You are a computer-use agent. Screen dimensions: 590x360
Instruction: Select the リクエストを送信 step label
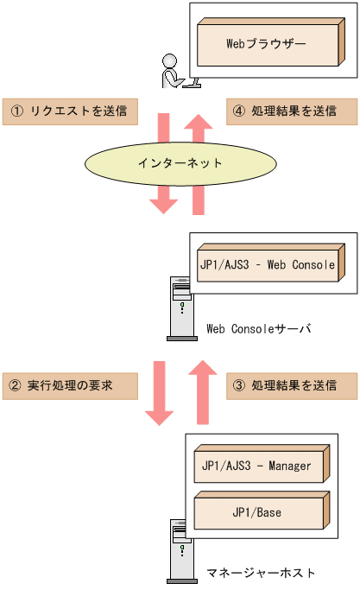pos(70,111)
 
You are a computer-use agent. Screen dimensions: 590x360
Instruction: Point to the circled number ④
pos(239,111)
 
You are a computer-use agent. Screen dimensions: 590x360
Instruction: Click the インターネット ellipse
pos(180,162)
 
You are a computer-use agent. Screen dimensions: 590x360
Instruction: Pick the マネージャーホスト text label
pos(261,573)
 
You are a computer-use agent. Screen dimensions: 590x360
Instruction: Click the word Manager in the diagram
pos(288,466)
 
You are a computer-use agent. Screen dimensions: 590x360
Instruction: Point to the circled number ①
pos(16,111)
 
